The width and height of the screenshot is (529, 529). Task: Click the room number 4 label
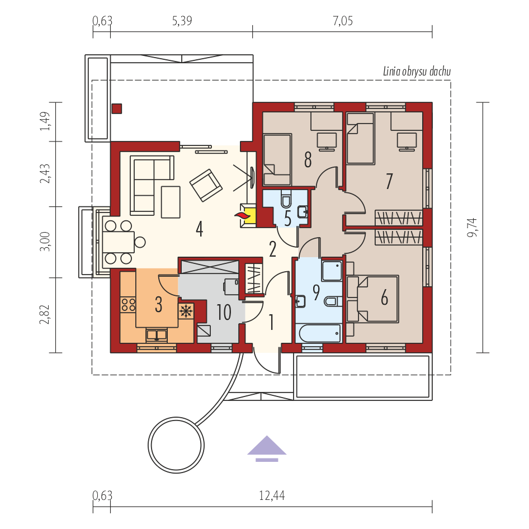tap(200, 229)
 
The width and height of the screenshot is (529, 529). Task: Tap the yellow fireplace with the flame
tap(248, 215)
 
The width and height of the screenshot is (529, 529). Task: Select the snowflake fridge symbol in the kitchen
tap(186, 311)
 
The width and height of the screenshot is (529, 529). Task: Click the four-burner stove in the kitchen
tap(128, 304)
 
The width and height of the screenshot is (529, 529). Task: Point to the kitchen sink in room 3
tap(156, 335)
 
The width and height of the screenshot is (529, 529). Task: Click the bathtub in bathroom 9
tap(319, 333)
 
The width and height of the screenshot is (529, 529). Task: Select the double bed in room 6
tap(372, 299)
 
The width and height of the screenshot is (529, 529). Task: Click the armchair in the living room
tap(206, 185)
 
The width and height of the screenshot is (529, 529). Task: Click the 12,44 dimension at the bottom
tap(272, 495)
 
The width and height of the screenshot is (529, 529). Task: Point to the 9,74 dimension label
tap(473, 228)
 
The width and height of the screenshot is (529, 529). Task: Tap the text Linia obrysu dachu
tap(417, 72)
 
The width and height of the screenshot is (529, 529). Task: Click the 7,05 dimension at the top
tap(343, 21)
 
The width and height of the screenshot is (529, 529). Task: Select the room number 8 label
tap(308, 160)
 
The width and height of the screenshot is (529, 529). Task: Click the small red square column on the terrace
tap(117, 108)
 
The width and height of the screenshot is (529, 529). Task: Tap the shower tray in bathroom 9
tap(332, 271)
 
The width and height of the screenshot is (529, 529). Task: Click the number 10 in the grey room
tap(224, 312)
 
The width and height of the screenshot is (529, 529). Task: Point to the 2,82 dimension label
tap(45, 314)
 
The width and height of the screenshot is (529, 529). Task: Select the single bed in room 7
tap(361, 138)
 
